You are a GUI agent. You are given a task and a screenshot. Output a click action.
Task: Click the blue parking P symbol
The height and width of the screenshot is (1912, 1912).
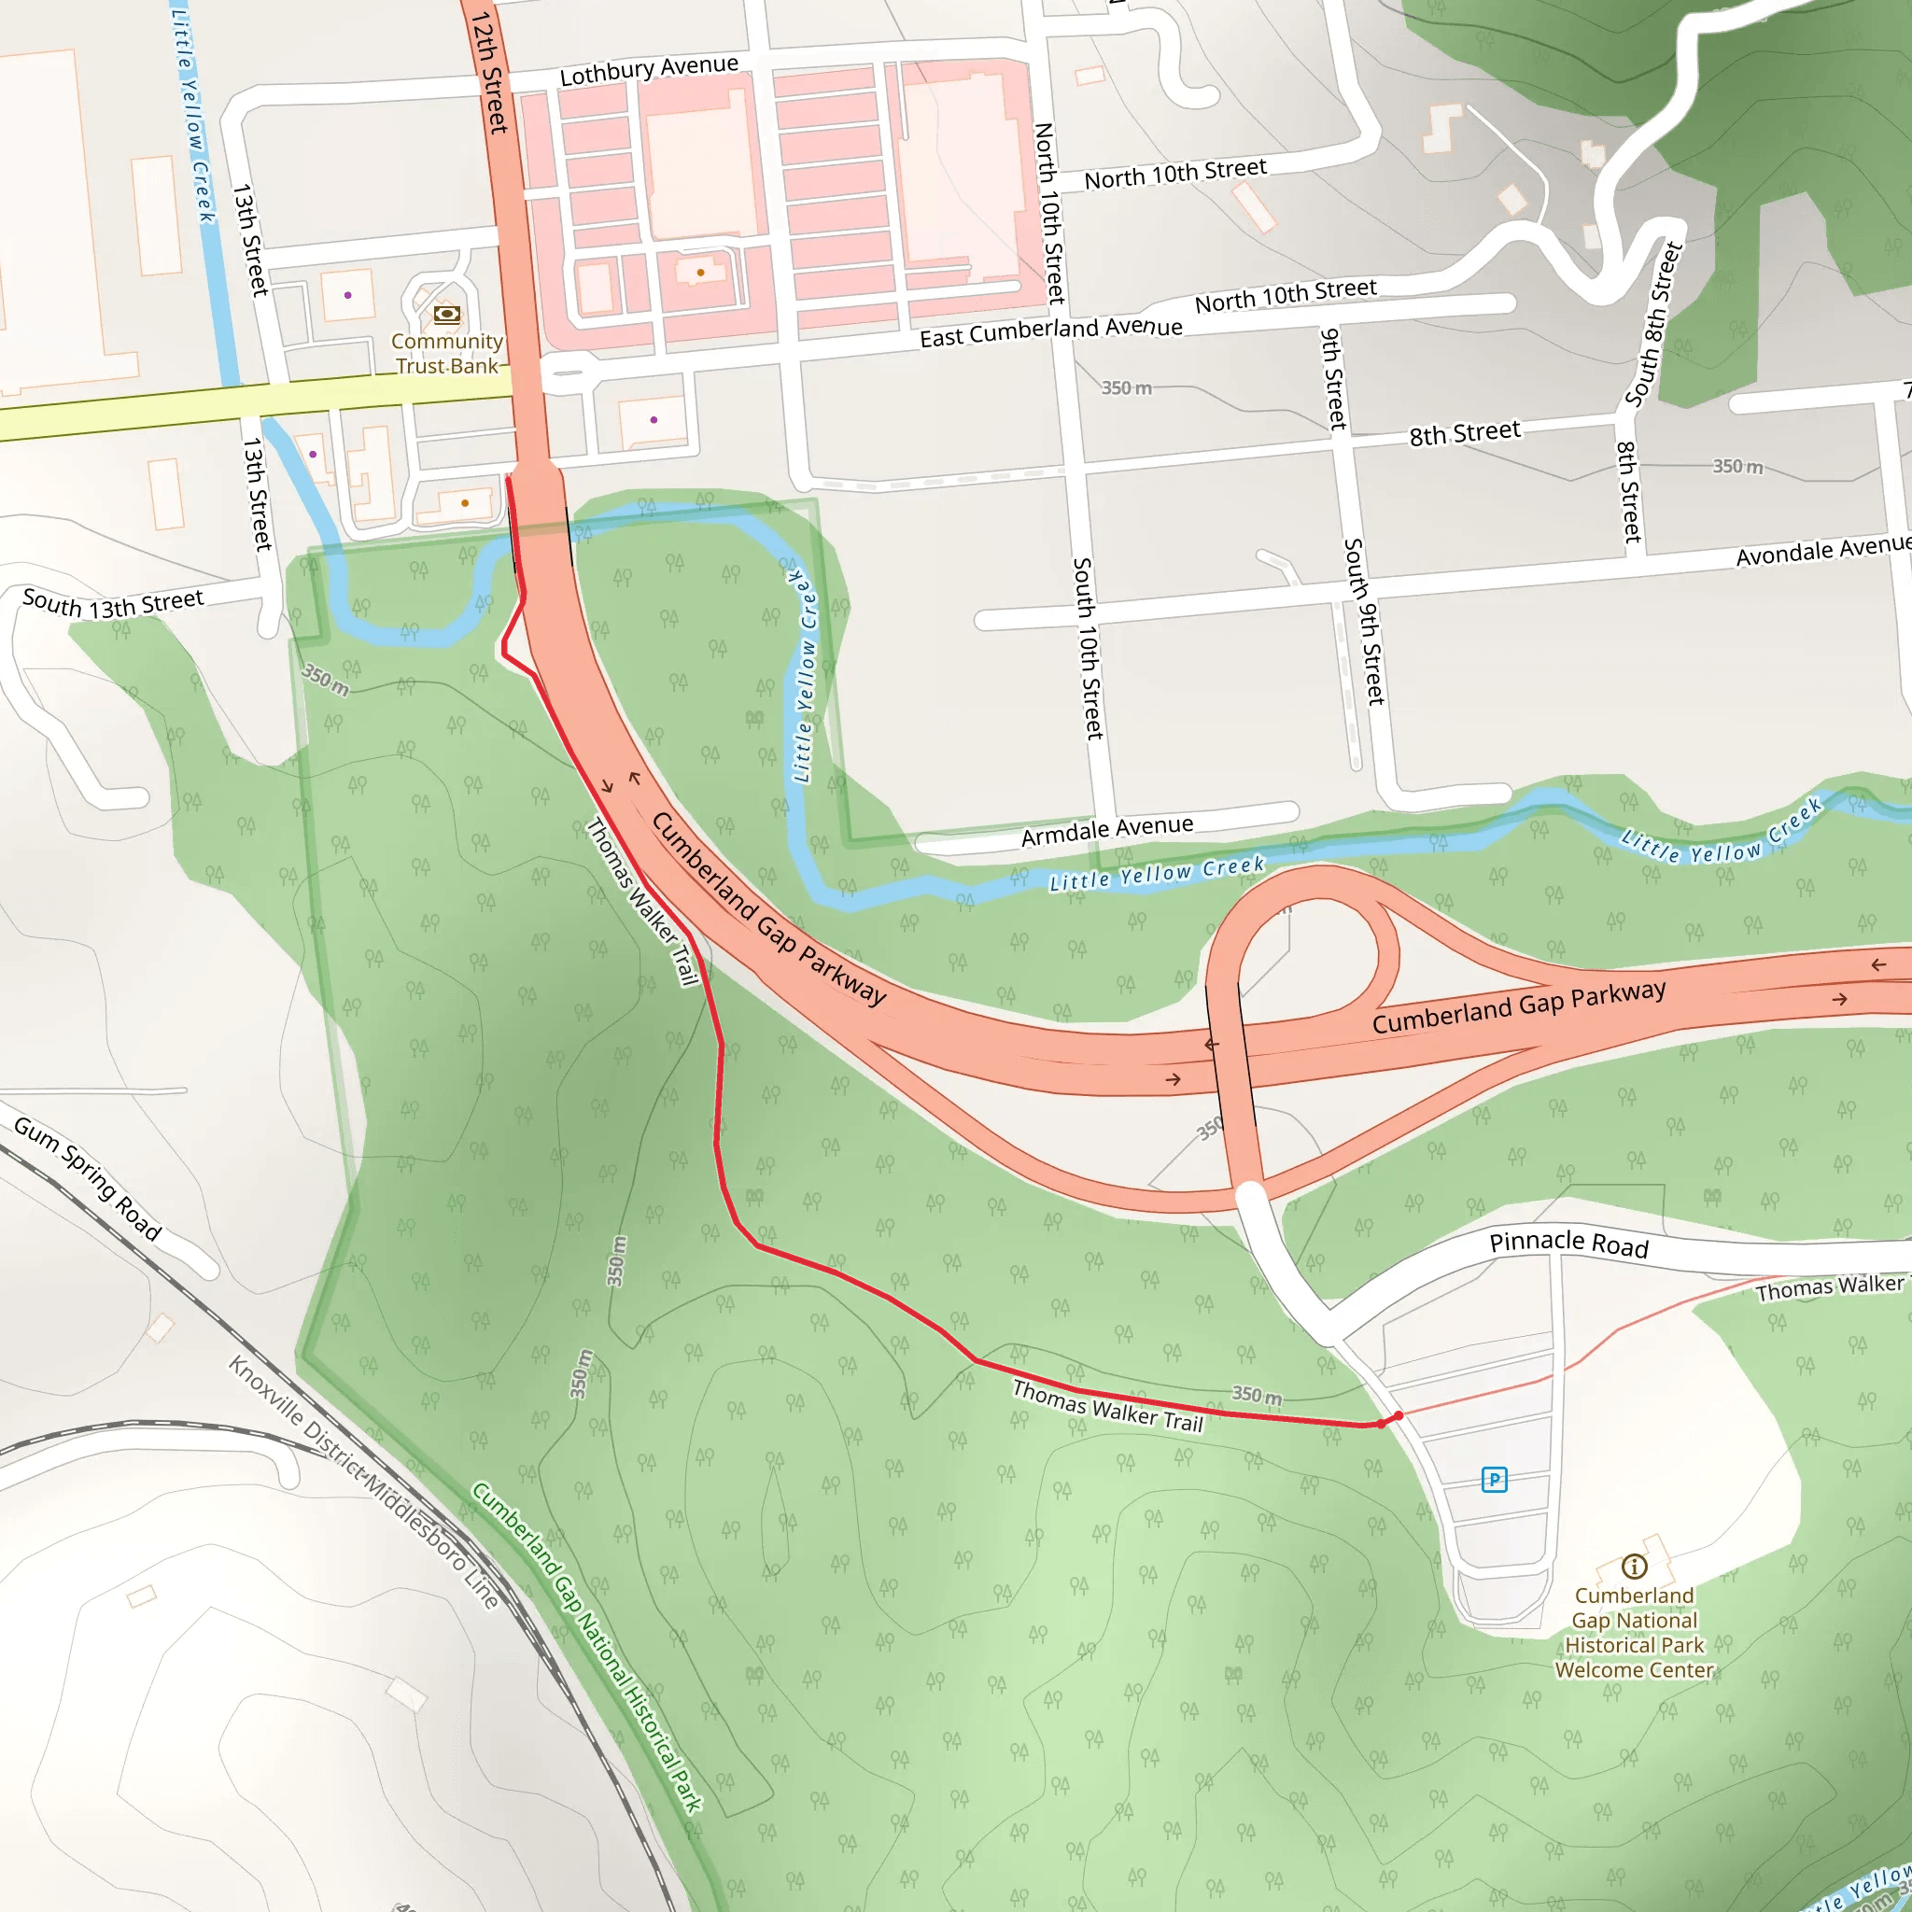(1494, 1480)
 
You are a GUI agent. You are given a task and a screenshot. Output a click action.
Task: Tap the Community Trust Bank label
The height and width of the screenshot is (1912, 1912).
(446, 353)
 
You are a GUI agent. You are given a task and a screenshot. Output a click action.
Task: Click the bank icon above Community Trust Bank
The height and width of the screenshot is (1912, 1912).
(446, 315)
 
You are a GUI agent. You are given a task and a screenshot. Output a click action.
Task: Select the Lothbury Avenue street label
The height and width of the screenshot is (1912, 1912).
(648, 70)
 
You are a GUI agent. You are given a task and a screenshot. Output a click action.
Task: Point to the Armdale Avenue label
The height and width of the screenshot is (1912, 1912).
(1106, 831)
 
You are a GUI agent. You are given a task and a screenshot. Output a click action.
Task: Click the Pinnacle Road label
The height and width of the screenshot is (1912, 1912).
(1568, 1243)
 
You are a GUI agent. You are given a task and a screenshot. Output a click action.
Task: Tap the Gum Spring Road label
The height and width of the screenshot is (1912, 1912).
(87, 1177)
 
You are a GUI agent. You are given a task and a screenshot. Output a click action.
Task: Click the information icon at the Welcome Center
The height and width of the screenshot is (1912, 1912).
(1634, 1567)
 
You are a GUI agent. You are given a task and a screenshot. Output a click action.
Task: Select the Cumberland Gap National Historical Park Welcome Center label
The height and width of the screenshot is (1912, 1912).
(1634, 1632)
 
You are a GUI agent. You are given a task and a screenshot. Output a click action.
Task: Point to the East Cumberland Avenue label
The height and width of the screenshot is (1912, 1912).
(1050, 331)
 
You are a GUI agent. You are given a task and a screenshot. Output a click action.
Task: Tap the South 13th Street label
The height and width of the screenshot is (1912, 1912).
(113, 603)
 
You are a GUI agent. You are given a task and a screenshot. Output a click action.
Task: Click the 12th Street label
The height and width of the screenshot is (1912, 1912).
(489, 71)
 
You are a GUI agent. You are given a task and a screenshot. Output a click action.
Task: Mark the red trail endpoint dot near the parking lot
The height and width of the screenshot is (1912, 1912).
(1398, 1417)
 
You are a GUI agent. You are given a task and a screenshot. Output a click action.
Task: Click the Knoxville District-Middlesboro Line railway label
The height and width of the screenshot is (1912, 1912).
(364, 1482)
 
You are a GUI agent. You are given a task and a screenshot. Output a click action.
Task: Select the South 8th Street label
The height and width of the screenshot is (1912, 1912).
(1653, 325)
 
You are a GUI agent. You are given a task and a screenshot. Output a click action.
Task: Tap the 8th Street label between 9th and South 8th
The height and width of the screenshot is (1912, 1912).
(1464, 433)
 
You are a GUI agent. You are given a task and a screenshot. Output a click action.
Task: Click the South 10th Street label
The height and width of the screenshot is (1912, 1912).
(1087, 648)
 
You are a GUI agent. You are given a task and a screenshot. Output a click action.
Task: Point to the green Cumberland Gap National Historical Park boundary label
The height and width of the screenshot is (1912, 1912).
(587, 1648)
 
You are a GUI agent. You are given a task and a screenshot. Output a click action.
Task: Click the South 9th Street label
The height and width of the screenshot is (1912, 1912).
(1364, 622)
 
